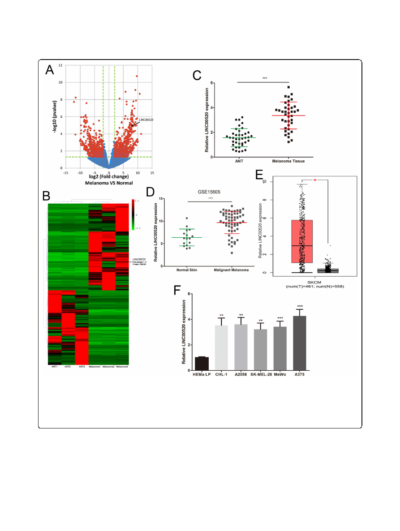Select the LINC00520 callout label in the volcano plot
pyautogui.click(x=146, y=120)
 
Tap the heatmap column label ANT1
pyautogui.click(x=54, y=367)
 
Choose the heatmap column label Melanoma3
pyautogui.click(x=122, y=367)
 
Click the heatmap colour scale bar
pyautogui.click(x=133, y=214)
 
